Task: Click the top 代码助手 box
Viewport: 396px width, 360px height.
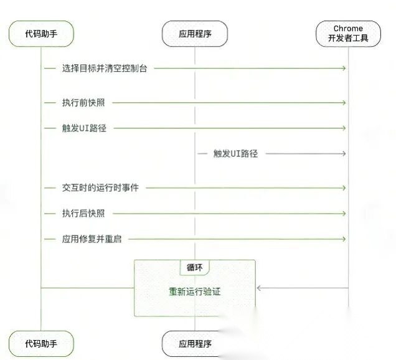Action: pyautogui.click(x=41, y=34)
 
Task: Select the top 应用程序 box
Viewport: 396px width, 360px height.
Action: pyautogui.click(x=194, y=34)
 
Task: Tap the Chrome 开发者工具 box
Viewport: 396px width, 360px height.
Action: pyautogui.click(x=348, y=34)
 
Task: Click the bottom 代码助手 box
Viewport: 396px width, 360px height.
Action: pyautogui.click(x=41, y=343)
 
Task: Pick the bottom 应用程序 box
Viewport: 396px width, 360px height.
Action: pyautogui.click(x=194, y=343)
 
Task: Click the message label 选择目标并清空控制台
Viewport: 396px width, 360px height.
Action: pyautogui.click(x=105, y=67)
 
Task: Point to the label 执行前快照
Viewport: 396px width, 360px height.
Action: pyautogui.click(x=83, y=102)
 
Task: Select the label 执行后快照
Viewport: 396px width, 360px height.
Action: pyautogui.click(x=83, y=213)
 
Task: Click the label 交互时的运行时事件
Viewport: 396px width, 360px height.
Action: pyautogui.click(x=100, y=187)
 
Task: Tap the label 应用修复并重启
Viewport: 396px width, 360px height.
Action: pyautogui.click(x=92, y=239)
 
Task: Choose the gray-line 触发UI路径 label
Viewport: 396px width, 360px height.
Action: pyautogui.click(x=235, y=153)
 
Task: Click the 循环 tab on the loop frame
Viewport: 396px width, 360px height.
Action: pyautogui.click(x=194, y=267)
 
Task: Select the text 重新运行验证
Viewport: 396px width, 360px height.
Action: pyautogui.click(x=194, y=291)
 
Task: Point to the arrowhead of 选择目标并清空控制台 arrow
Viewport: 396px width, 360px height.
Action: pyautogui.click(x=344, y=67)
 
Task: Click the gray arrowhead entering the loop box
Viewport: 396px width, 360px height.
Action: pyautogui.click(x=259, y=288)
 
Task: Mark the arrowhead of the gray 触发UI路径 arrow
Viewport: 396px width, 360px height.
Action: pyautogui.click(x=344, y=153)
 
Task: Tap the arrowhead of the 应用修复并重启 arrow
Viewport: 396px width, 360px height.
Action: pyautogui.click(x=344, y=239)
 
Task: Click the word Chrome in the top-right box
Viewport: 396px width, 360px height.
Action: pyautogui.click(x=348, y=29)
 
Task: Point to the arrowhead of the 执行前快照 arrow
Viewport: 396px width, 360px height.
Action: pyautogui.click(x=344, y=102)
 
